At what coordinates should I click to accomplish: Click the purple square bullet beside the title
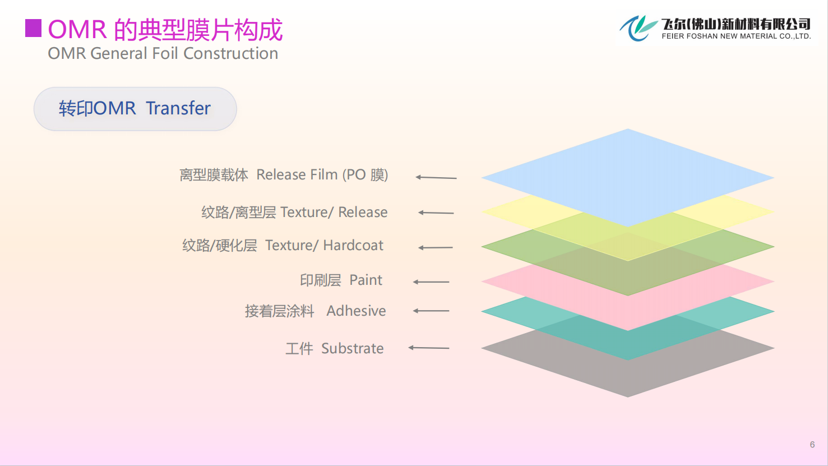(33, 28)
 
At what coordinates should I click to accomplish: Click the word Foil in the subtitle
(165, 53)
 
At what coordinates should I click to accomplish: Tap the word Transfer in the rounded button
(178, 108)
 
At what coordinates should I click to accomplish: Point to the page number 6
(812, 444)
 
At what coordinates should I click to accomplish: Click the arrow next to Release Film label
(436, 178)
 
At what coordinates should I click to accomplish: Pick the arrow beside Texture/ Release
(436, 213)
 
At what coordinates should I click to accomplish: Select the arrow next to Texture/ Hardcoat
(436, 247)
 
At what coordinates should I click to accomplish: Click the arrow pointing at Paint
(431, 282)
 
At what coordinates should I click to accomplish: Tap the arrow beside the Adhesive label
(431, 311)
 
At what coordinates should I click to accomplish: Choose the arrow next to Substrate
(429, 348)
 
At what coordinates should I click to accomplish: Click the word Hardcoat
(353, 245)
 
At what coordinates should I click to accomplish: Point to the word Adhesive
(356, 311)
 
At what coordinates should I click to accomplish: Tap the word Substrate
(352, 348)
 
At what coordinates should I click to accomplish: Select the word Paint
(366, 280)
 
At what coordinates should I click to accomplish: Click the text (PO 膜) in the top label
(365, 174)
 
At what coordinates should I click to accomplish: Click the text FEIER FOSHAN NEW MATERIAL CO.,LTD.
(736, 36)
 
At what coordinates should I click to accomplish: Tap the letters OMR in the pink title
(77, 30)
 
